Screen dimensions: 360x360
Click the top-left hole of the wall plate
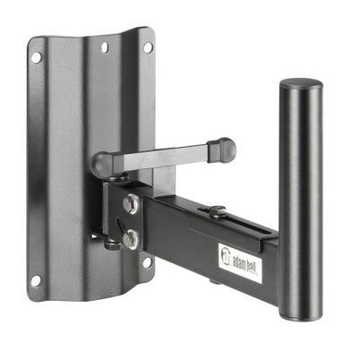coord(36,57)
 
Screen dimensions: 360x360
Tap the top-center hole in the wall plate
coord(104,47)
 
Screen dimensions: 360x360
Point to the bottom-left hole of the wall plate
coord(36,280)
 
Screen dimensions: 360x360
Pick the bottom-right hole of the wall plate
coord(147,263)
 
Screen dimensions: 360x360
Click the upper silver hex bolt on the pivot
coord(131,204)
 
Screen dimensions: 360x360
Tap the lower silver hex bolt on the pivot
coord(132,238)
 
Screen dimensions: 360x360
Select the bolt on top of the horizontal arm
coord(217,212)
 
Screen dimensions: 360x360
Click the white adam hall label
coord(240,257)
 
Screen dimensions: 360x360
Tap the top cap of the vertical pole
coord(301,86)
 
